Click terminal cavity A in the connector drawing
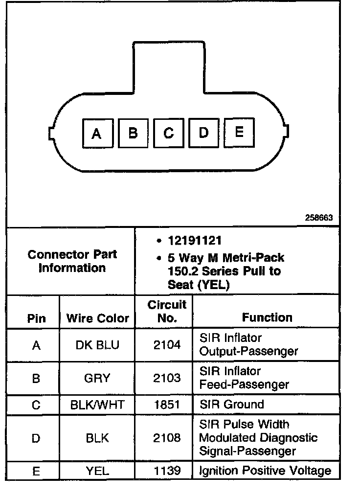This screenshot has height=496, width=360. pos(97,133)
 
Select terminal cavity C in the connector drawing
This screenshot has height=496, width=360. pos(168,133)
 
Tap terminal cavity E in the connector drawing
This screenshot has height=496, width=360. pos(239,132)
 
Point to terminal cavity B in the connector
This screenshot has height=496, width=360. pos(133,133)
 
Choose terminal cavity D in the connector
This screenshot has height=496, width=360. pos(204,133)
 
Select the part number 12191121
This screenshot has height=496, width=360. pos(195,241)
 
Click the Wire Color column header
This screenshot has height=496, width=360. pos(97,318)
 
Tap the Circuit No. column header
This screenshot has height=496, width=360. pos(167,312)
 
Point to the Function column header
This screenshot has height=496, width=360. pos(267,317)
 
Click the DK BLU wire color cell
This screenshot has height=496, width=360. pos(97,345)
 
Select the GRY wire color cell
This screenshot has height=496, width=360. pos(97,378)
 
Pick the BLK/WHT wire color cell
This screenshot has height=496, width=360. pos(97,405)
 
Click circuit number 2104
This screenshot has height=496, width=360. pos(167,345)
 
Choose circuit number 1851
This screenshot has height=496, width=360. pos(167,405)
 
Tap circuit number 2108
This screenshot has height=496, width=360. pos(167,438)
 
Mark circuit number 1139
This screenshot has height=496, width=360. pos(167,471)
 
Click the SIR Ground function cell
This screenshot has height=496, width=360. pos(231,405)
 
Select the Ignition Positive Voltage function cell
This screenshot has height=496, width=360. pos(265,471)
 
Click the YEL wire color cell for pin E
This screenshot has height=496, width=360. pos(97,471)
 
